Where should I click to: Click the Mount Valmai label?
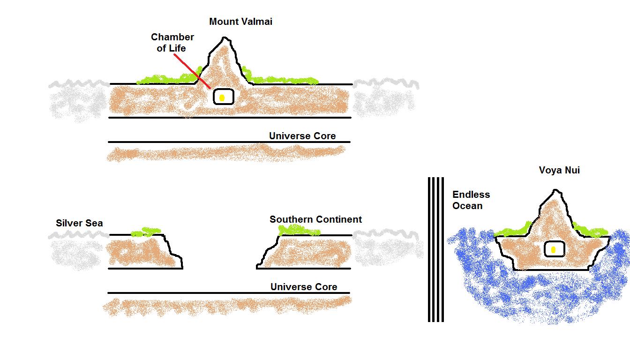tap(240, 22)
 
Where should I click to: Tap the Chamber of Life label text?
tap(172, 43)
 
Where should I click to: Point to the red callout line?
tap(192, 71)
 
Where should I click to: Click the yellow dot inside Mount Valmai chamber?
tap(223, 97)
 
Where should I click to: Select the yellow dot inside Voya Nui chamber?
tap(554, 250)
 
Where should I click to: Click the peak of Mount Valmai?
tap(225, 39)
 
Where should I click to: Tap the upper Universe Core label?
tap(302, 136)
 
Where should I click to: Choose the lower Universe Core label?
tap(303, 287)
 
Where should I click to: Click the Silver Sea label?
tap(79, 223)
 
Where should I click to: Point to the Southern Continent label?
tap(315, 219)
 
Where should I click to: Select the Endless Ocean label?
tap(471, 200)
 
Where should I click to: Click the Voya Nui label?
tap(559, 171)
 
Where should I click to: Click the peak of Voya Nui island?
tap(555, 191)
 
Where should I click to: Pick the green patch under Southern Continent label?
tap(299, 230)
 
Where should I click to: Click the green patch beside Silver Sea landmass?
tap(146, 232)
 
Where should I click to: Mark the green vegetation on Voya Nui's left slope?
tap(513, 230)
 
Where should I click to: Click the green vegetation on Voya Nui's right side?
tap(591, 231)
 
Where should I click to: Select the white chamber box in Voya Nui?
tap(554, 249)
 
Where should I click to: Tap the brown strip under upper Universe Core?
tap(225, 153)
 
